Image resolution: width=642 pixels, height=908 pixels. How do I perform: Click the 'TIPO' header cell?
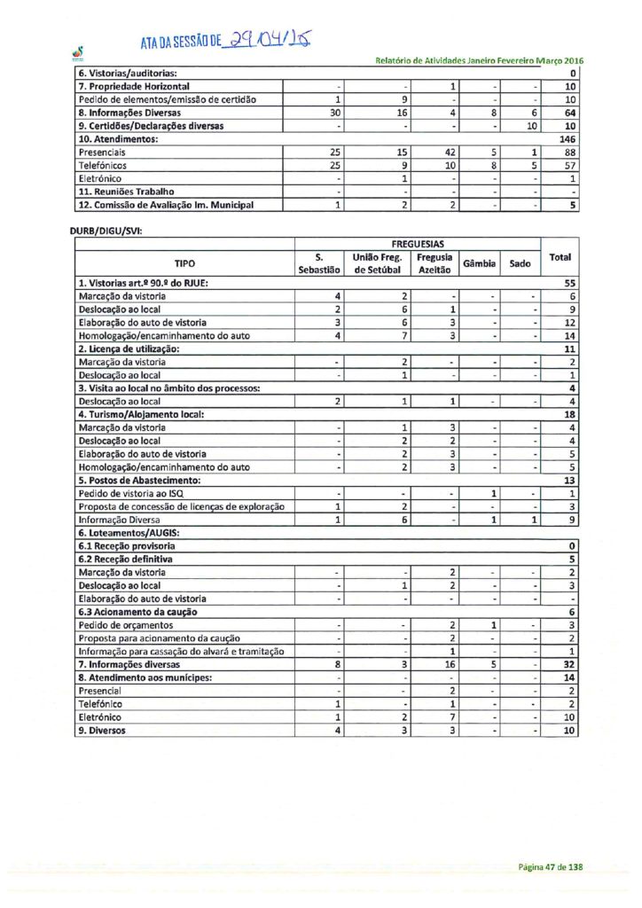(184, 262)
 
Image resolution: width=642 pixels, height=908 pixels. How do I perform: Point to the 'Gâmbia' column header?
(478, 263)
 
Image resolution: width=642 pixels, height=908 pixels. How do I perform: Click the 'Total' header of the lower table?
(560, 257)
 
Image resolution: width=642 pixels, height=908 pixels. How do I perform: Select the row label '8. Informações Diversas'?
(129, 113)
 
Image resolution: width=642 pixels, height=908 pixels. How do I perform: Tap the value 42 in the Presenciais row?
(449, 153)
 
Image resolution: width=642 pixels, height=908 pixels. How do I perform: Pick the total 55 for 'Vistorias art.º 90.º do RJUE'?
(570, 282)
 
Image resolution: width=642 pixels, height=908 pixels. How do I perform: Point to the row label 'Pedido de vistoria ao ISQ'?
(133, 492)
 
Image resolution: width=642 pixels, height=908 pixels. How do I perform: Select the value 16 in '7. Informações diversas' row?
(450, 663)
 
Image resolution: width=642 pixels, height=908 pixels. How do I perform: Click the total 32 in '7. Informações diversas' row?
(570, 663)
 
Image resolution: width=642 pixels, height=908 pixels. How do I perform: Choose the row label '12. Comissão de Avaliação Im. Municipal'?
(166, 205)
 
